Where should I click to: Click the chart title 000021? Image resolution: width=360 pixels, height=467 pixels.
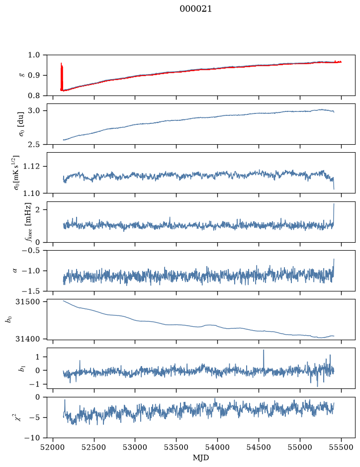195,9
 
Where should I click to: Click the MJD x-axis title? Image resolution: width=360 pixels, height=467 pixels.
201,458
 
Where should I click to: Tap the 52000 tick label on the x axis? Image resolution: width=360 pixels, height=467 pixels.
53,447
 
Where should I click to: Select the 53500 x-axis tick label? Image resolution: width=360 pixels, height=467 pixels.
176,447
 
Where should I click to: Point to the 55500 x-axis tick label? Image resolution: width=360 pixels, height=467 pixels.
341,447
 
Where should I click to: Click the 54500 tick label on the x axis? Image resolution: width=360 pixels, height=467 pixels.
259,447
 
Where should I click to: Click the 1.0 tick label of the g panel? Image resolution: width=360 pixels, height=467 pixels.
34,55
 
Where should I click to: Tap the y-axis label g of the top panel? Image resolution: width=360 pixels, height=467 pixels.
21,75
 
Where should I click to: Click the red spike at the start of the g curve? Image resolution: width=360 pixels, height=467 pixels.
62,77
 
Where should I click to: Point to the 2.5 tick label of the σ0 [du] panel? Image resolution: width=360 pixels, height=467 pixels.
34,144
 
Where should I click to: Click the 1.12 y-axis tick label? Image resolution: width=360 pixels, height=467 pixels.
31,166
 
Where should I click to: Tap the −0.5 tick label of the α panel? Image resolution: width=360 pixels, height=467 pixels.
30,250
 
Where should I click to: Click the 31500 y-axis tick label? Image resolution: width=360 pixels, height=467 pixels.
28,302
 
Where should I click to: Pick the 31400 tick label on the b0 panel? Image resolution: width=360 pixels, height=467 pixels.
28,339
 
